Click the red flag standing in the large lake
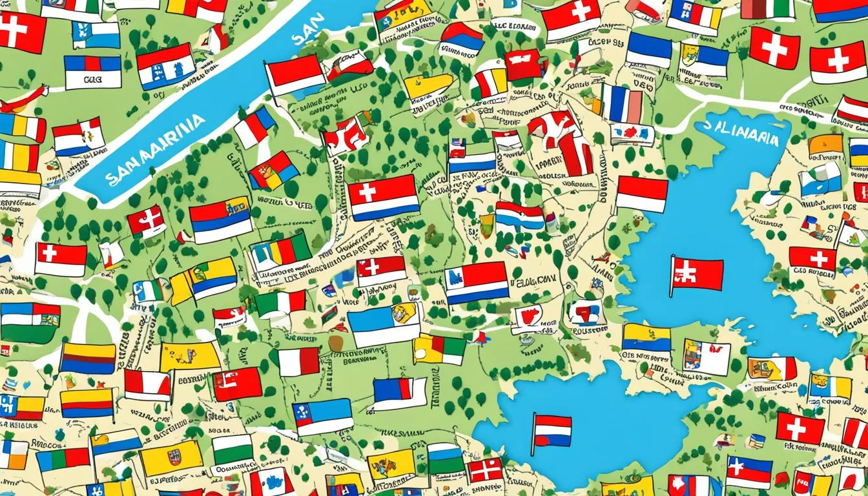click(697, 274)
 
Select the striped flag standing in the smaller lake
click(552, 431)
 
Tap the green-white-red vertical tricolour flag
click(280, 304)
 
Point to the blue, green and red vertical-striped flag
click(63, 459)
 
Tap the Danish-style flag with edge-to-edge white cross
click(485, 470)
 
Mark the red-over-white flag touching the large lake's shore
click(641, 194)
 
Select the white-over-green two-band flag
click(232, 449)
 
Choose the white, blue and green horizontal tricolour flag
click(446, 459)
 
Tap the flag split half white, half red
click(298, 362)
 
